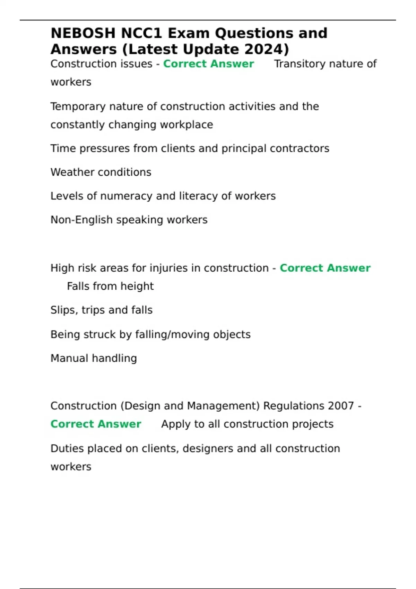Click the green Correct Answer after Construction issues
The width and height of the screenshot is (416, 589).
pos(208,64)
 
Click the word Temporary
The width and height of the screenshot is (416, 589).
pos(78,107)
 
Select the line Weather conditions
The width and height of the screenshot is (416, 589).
pos(101,172)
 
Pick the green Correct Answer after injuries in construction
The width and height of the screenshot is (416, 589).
pos(325,268)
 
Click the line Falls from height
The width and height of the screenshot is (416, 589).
pos(110,286)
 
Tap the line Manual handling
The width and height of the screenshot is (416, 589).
pos(94,358)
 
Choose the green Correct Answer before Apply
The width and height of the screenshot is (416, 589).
pos(96,424)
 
